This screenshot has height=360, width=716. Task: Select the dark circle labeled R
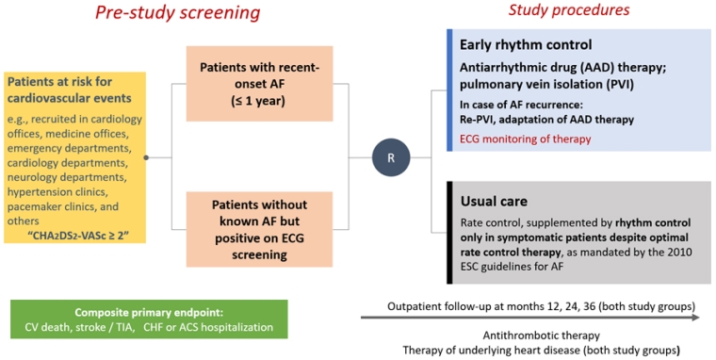[x=390, y=157]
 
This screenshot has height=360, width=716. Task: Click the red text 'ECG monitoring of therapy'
[x=525, y=139]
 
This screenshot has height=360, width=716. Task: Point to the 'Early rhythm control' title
[x=525, y=44]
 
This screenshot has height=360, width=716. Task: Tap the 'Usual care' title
[x=495, y=202]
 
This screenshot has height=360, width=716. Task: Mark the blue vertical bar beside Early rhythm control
[x=450, y=90]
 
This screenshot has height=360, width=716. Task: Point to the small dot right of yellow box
[x=146, y=157]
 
